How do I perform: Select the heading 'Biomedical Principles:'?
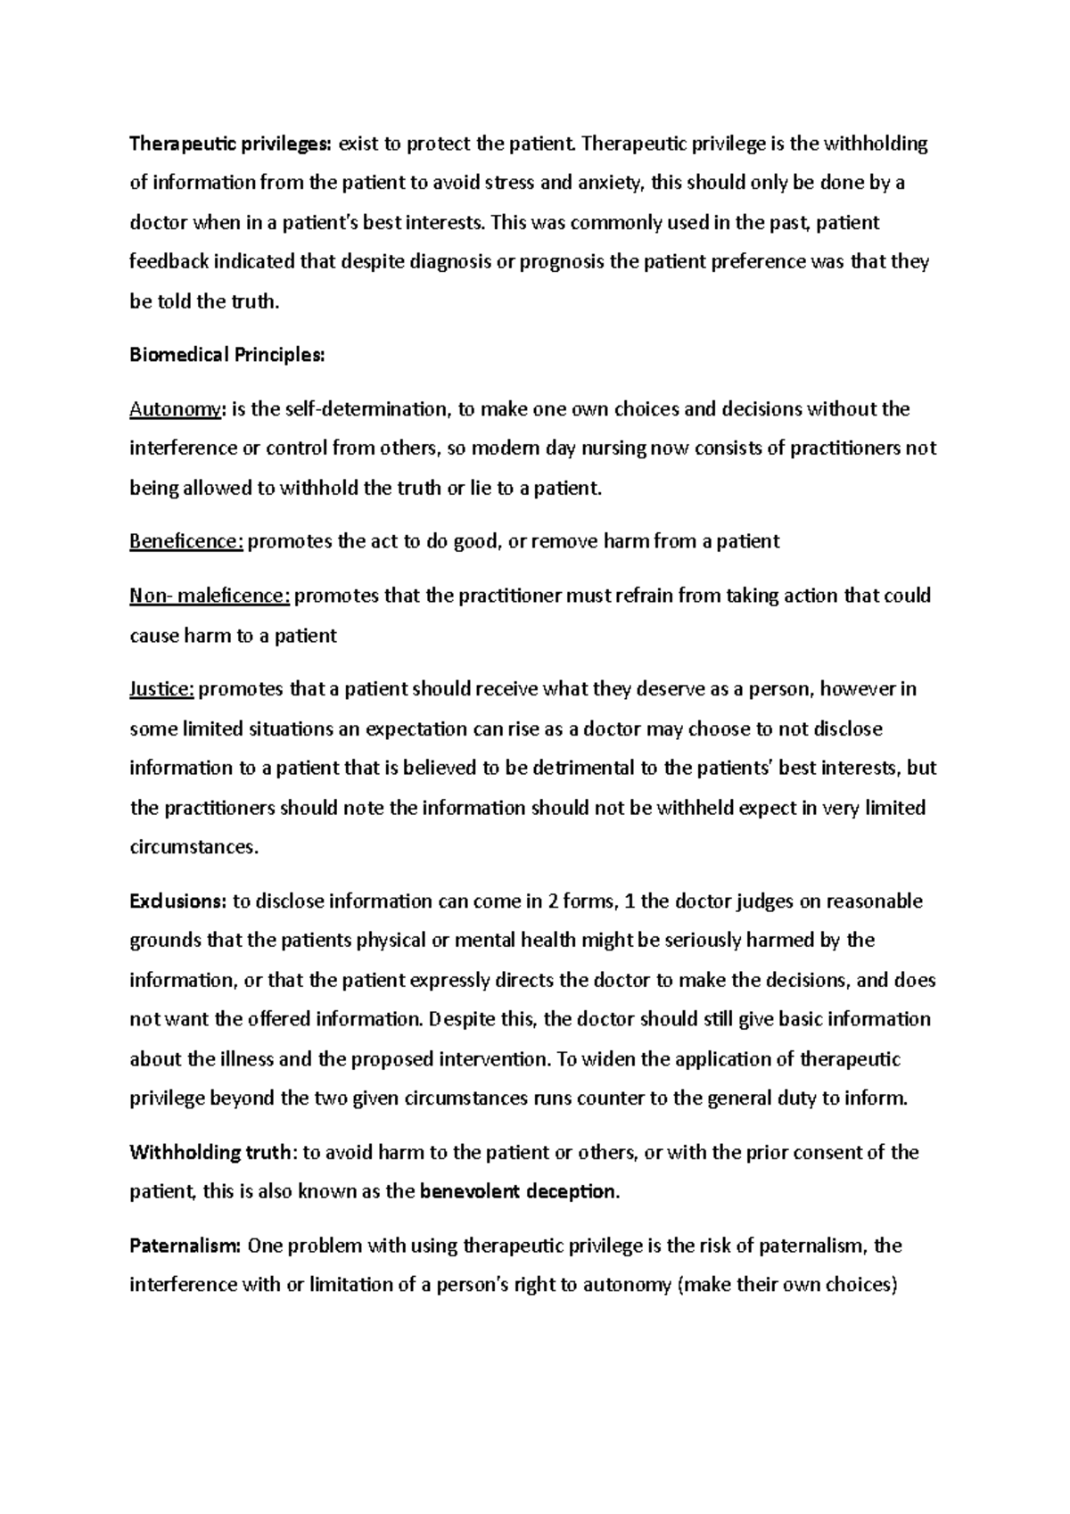click(x=227, y=355)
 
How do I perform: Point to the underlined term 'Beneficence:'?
click(x=186, y=541)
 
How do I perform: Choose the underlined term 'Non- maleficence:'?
click(x=210, y=596)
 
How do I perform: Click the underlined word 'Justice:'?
click(x=161, y=689)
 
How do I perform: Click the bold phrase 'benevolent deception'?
click(x=517, y=1191)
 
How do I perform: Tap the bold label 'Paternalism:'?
click(x=185, y=1246)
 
